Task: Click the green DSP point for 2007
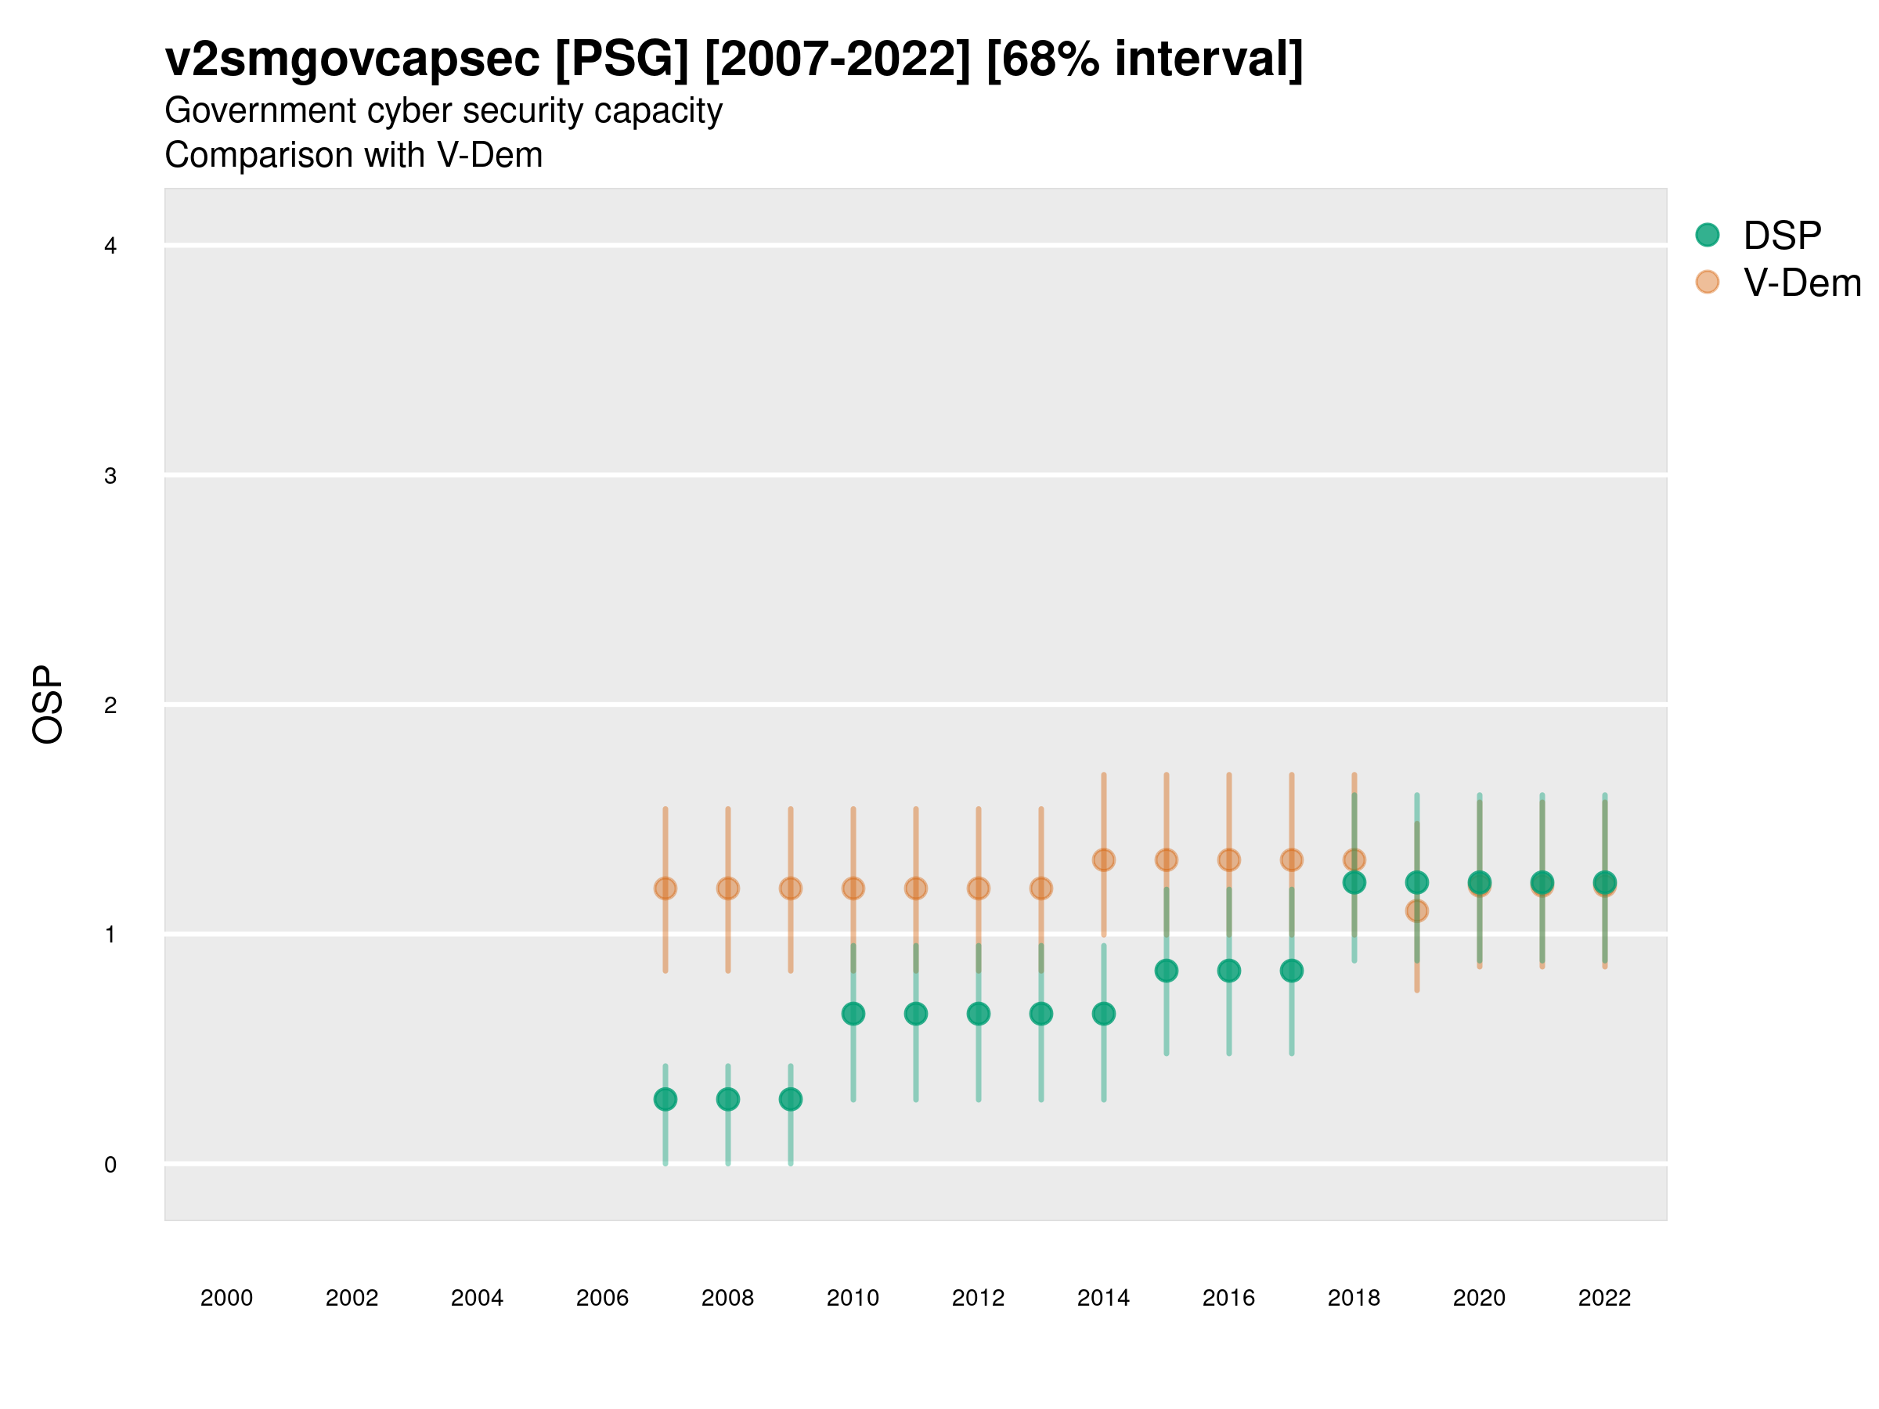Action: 665,1099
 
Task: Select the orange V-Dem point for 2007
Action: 665,888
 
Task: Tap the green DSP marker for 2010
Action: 853,1013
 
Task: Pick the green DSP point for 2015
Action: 1167,970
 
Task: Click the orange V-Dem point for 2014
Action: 1103,859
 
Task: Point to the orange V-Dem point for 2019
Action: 1417,911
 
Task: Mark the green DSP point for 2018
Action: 1354,882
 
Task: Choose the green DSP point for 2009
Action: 790,1099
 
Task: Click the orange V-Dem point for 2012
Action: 979,888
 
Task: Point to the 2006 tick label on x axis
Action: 602,1298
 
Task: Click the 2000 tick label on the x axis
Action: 227,1298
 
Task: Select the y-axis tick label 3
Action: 110,476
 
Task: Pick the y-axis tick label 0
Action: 110,1165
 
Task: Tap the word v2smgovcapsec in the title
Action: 352,59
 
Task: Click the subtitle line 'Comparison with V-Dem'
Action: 353,154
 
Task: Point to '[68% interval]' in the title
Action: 1144,59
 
